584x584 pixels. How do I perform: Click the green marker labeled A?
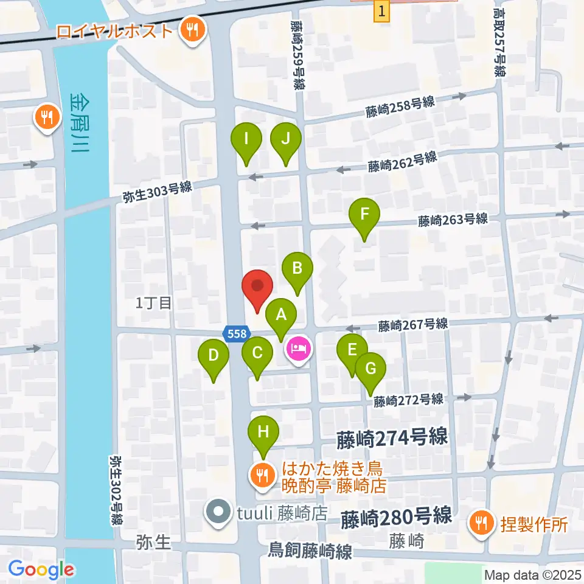(x=281, y=316)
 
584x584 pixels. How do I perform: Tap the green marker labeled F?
(x=364, y=215)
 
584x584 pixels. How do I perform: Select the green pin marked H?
(x=263, y=433)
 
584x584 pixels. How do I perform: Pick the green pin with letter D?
(x=214, y=356)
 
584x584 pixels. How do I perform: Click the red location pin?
(x=257, y=287)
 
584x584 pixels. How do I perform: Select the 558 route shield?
(x=235, y=333)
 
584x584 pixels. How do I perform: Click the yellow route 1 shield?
(x=381, y=11)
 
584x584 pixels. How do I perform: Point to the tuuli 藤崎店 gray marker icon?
(x=217, y=512)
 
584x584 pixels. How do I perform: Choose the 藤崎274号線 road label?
(x=392, y=437)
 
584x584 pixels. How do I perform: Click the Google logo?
(x=41, y=570)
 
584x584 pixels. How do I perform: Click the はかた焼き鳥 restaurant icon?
(x=263, y=474)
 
